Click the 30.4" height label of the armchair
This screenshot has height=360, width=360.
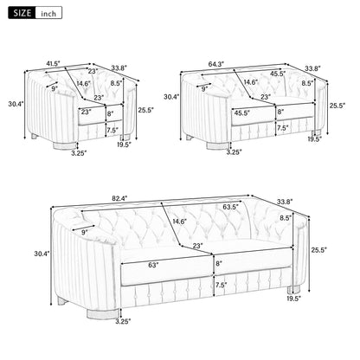pos(14,103)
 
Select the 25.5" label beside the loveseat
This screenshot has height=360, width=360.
pos(337,106)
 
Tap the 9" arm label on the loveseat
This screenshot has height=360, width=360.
pos(204,88)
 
